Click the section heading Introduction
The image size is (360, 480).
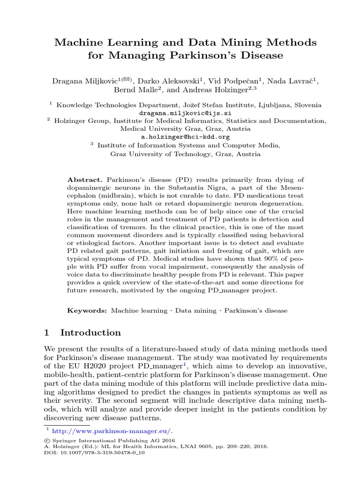[90, 333]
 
